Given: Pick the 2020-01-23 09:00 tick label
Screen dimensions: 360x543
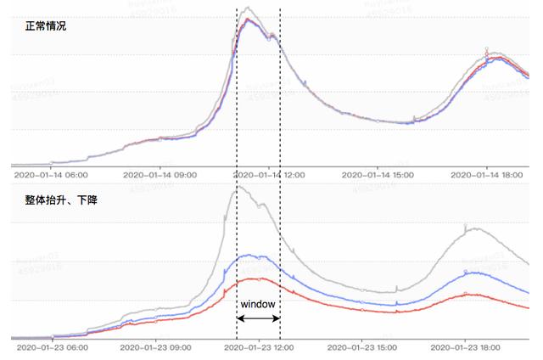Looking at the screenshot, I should coord(158,347).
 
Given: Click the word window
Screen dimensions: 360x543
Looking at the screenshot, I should coord(258,303).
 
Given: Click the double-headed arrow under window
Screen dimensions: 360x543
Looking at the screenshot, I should coord(258,318).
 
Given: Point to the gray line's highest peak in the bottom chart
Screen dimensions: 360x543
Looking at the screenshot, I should coord(238,187).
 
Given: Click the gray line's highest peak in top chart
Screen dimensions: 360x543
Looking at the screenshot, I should coord(247,8).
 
